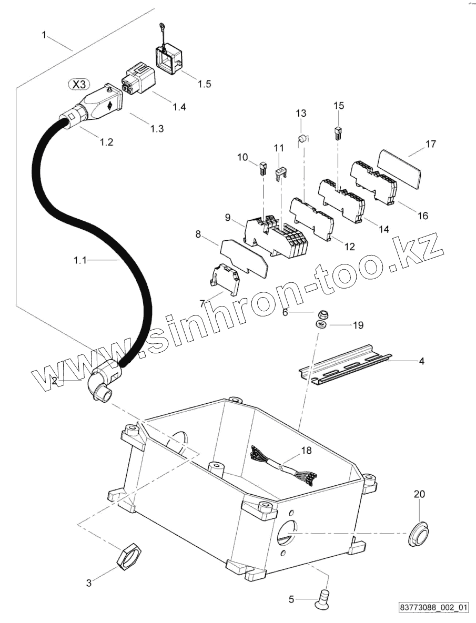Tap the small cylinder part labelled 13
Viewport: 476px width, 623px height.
(302, 138)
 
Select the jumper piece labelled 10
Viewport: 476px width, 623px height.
(261, 168)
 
